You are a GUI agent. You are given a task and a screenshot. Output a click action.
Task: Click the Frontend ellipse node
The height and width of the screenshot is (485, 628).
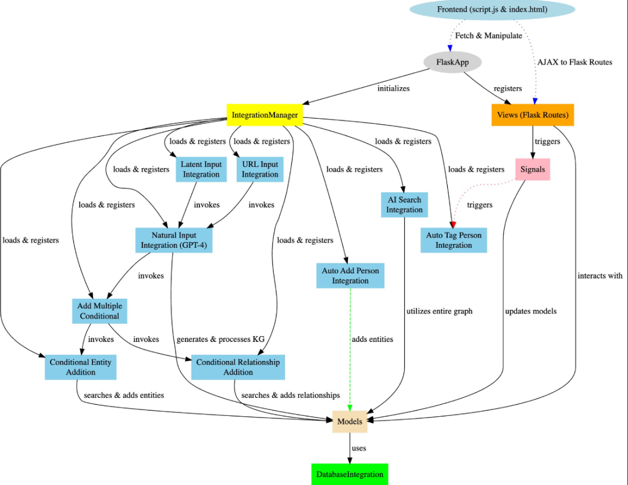(x=493, y=9)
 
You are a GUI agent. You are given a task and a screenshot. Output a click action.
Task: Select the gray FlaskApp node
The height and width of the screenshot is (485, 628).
(x=452, y=62)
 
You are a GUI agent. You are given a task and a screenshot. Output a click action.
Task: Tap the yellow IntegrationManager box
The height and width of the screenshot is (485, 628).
(x=265, y=115)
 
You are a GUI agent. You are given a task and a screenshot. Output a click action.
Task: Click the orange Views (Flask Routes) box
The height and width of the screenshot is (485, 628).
(x=533, y=115)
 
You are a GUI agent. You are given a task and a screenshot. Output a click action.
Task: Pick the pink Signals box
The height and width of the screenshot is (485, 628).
(x=533, y=169)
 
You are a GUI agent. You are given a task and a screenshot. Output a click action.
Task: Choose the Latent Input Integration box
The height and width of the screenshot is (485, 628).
(x=201, y=169)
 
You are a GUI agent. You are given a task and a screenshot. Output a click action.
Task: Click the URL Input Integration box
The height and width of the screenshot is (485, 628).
(x=260, y=169)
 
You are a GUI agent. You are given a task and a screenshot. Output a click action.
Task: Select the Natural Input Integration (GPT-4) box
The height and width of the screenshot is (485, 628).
(x=174, y=240)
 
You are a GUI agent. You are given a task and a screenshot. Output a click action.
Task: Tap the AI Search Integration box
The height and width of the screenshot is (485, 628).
(x=404, y=205)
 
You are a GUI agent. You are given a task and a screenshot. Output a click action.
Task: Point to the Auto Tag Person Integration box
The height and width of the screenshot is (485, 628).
(x=454, y=240)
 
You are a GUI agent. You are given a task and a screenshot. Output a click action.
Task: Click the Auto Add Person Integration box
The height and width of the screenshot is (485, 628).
(x=351, y=276)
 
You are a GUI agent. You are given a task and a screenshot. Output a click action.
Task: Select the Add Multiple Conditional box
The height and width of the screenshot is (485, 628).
(x=100, y=311)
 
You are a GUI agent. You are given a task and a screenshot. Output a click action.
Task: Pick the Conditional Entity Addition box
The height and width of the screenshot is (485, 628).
(x=80, y=367)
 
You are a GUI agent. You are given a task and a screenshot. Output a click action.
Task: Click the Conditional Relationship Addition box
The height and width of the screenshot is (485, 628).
(x=238, y=367)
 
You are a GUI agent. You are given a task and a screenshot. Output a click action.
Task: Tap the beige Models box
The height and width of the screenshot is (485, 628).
(x=349, y=421)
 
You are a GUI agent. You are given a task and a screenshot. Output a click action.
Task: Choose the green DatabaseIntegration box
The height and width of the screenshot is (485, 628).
(x=349, y=474)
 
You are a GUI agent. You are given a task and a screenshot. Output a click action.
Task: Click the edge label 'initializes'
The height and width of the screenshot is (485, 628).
(x=393, y=88)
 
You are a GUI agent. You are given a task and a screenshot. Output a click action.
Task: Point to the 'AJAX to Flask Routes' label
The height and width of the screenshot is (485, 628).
(x=575, y=62)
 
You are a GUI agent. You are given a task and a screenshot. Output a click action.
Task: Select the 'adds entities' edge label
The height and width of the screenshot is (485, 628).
(x=373, y=339)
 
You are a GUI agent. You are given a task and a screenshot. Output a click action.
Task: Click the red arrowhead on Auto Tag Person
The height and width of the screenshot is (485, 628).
(x=453, y=224)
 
